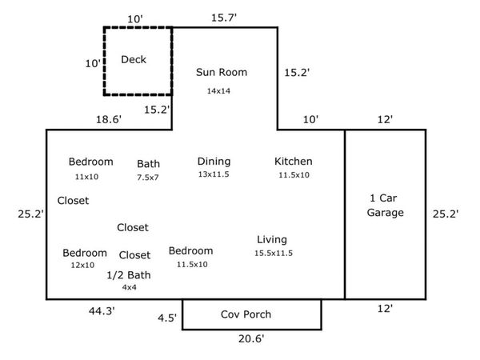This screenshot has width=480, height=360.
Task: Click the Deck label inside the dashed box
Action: click(x=134, y=59)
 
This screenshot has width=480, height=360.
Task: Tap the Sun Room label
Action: click(x=222, y=72)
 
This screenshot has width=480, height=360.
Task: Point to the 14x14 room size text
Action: click(x=218, y=91)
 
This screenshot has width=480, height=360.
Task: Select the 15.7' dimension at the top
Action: click(x=225, y=17)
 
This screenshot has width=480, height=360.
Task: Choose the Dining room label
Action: click(x=214, y=161)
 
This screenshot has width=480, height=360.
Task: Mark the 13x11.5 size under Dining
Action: click(x=214, y=174)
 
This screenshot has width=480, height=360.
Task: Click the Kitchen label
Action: click(x=294, y=161)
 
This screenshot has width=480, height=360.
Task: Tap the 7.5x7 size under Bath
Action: click(x=148, y=177)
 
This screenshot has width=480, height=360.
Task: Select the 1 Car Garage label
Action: click(x=386, y=205)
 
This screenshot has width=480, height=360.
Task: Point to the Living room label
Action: click(x=272, y=239)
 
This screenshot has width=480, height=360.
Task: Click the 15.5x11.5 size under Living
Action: click(x=274, y=253)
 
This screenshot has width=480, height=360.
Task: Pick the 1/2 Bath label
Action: click(x=129, y=274)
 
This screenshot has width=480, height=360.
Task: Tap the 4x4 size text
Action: click(x=129, y=286)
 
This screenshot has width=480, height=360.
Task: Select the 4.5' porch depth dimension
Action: click(x=167, y=318)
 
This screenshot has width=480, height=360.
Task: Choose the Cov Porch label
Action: click(x=246, y=314)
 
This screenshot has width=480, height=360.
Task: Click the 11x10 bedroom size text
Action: click(x=86, y=176)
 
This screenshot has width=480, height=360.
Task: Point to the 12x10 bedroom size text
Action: click(x=82, y=265)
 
